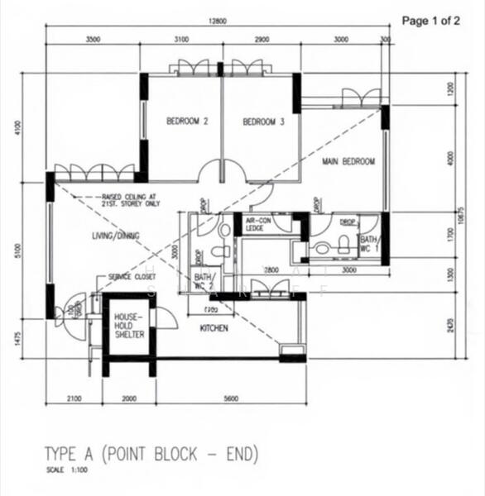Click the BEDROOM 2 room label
click(187, 122)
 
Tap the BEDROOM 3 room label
click(263, 122)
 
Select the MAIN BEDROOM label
click(349, 162)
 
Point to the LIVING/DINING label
click(116, 236)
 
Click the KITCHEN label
click(213, 329)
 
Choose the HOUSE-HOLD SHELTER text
click(129, 326)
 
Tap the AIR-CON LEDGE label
click(255, 225)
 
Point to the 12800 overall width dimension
click(217, 22)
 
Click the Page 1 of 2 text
click(430, 21)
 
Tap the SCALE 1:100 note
click(64, 471)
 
